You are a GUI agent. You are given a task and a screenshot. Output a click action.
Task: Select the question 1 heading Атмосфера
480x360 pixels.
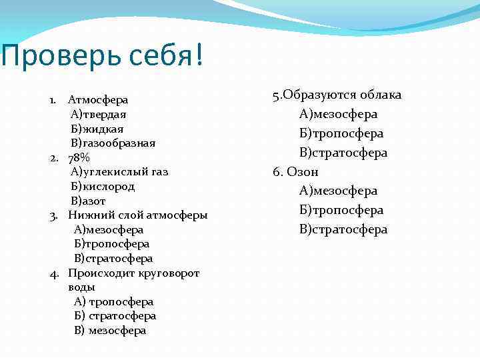(x=98, y=100)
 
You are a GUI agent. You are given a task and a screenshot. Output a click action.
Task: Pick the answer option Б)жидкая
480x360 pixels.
(x=97, y=129)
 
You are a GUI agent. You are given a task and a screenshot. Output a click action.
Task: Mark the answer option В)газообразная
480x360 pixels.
(x=113, y=143)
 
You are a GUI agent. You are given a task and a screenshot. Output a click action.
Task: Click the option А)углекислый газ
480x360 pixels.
(x=119, y=172)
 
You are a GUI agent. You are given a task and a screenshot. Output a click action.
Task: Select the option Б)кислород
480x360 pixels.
(x=103, y=186)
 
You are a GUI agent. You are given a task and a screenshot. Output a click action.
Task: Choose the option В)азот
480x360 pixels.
(x=89, y=201)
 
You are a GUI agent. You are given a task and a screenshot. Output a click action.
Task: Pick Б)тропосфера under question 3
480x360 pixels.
(x=112, y=244)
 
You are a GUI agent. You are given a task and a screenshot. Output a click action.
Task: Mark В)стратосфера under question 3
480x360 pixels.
(x=113, y=258)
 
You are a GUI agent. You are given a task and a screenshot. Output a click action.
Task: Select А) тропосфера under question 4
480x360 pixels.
(x=114, y=302)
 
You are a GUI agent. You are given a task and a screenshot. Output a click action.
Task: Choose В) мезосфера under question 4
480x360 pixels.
(x=110, y=331)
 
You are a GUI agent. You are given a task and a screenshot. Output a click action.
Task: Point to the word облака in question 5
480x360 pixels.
(x=381, y=95)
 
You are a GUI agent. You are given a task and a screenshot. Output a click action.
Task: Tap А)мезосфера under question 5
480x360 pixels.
(x=338, y=114)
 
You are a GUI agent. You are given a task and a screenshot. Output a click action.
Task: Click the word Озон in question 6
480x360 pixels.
(x=303, y=172)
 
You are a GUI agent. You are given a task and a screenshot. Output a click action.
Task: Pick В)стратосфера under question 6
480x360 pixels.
(x=343, y=229)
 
